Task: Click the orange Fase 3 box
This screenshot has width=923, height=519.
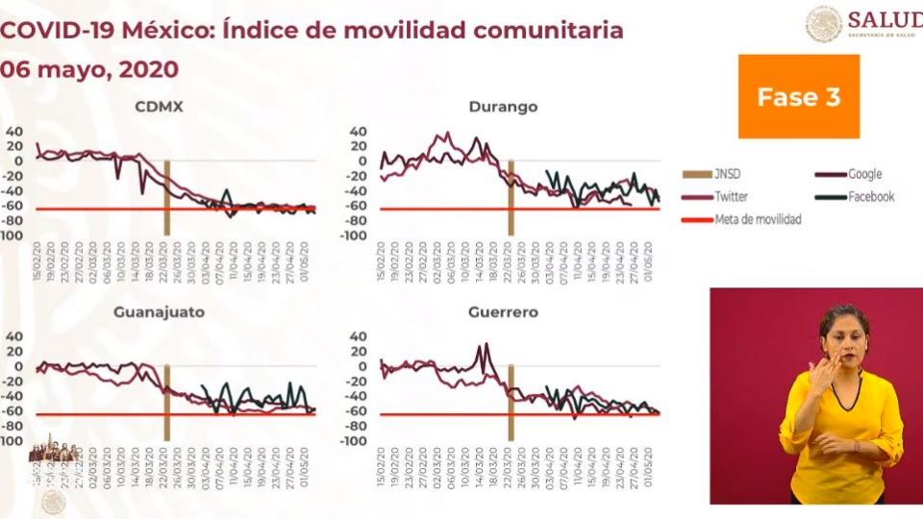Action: [798, 96]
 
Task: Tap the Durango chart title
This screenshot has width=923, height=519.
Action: [503, 107]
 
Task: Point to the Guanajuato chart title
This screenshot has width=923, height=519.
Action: [159, 312]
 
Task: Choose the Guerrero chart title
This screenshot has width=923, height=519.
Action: [503, 312]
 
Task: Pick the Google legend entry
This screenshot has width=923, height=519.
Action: [864, 175]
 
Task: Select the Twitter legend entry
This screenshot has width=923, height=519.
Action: [732, 197]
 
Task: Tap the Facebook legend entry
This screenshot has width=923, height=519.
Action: [870, 197]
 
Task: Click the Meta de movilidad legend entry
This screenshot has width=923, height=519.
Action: [758, 219]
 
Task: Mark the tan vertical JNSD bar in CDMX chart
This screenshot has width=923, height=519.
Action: [166, 197]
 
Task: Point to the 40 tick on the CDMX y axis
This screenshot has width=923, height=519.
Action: [12, 132]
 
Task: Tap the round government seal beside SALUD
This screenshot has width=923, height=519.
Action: [823, 24]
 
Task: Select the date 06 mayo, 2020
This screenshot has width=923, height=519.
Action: [89, 69]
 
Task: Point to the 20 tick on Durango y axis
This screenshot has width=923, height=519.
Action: [358, 146]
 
